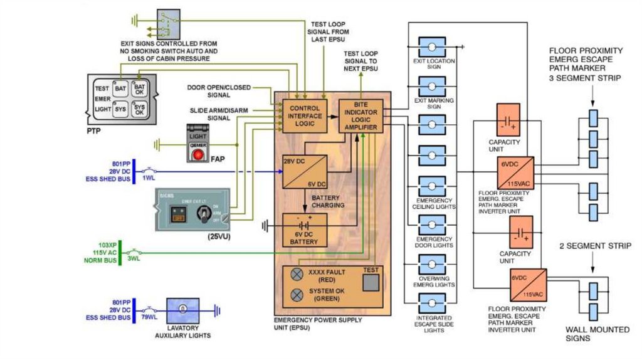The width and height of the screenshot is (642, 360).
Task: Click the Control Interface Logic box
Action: click(x=305, y=116)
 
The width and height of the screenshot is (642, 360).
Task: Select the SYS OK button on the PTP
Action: click(x=139, y=109)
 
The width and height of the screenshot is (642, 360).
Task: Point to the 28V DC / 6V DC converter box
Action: click(x=304, y=171)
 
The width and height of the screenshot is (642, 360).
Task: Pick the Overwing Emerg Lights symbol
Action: click(x=432, y=265)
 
